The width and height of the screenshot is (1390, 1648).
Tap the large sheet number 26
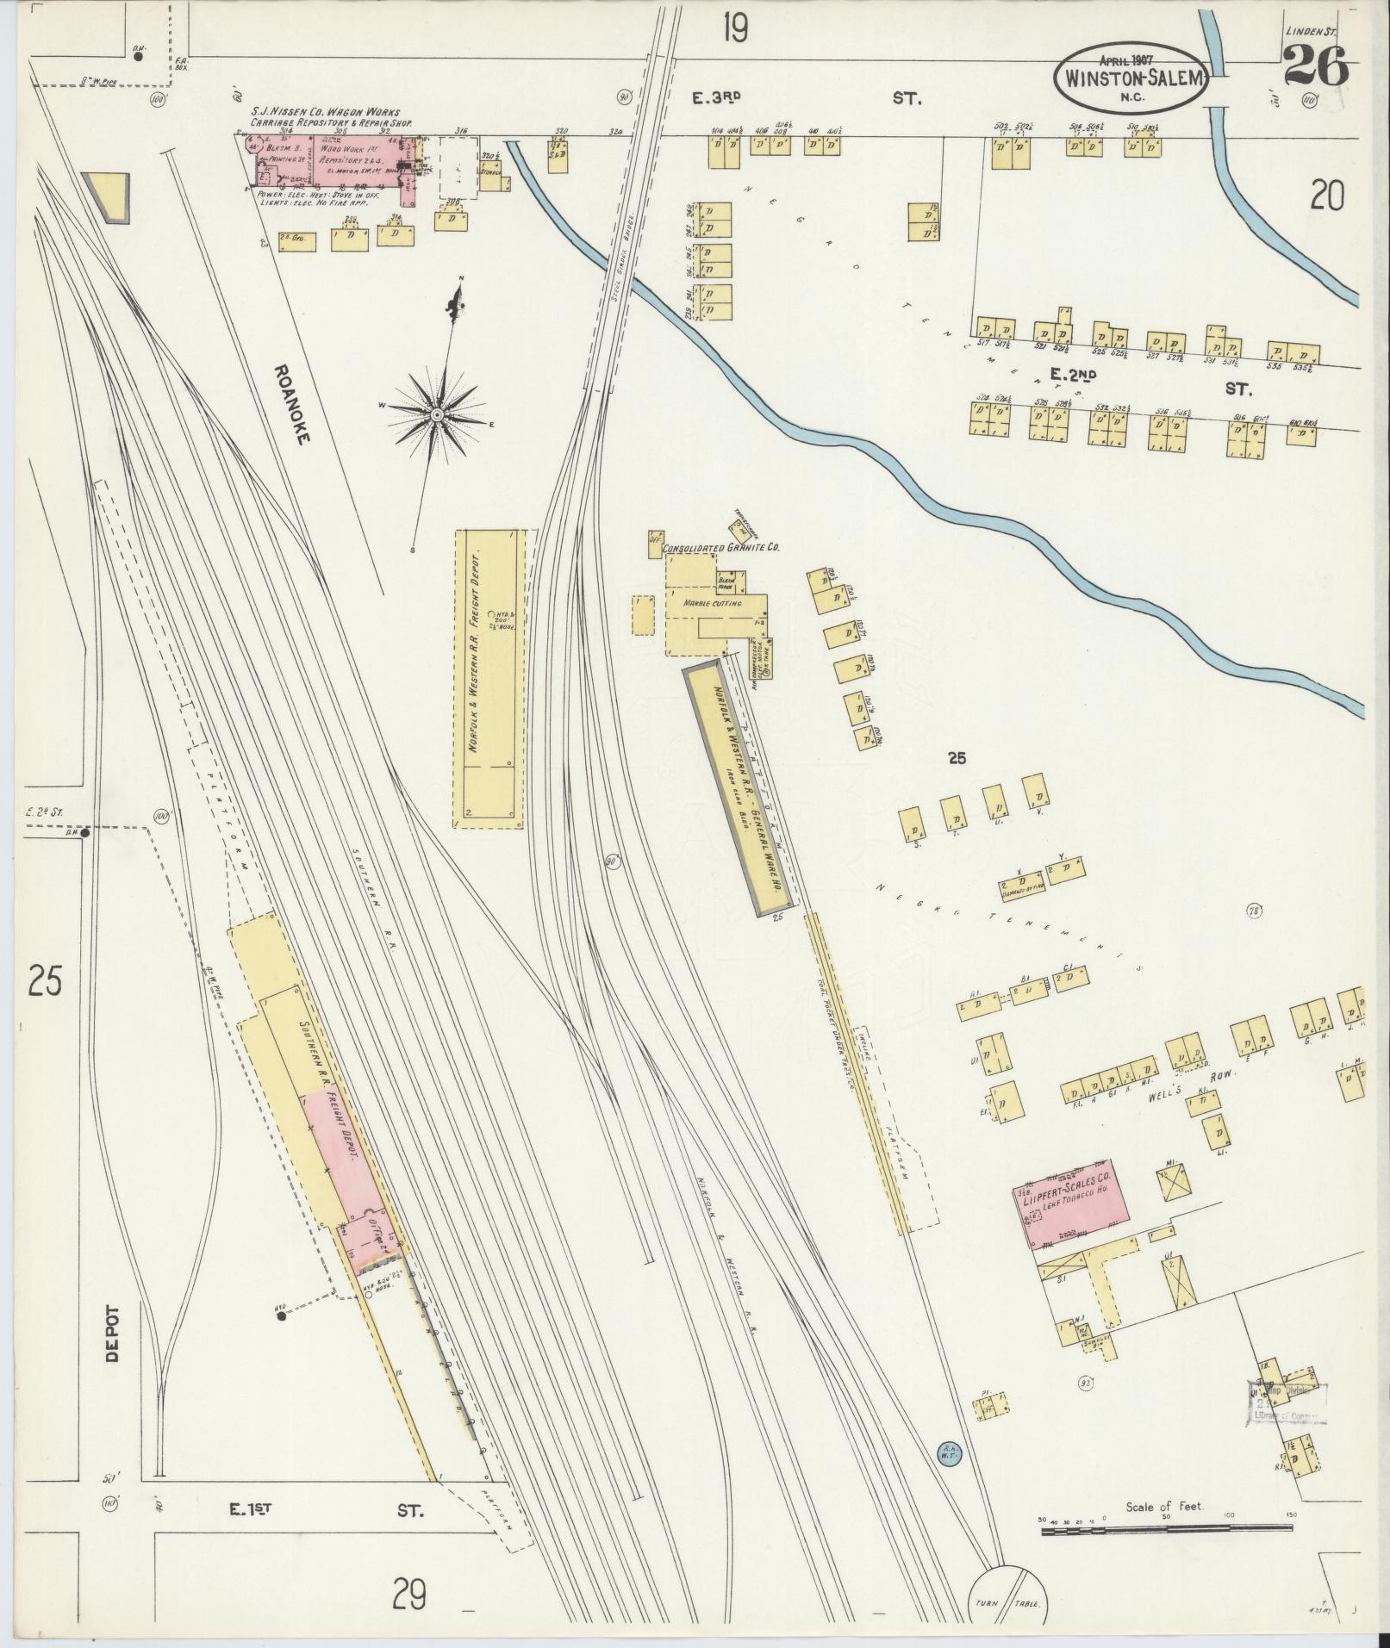click(x=1315, y=66)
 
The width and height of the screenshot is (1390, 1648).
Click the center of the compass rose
click(x=436, y=415)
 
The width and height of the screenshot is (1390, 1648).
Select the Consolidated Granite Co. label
click(x=720, y=547)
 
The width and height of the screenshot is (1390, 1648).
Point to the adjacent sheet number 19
click(x=734, y=30)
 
